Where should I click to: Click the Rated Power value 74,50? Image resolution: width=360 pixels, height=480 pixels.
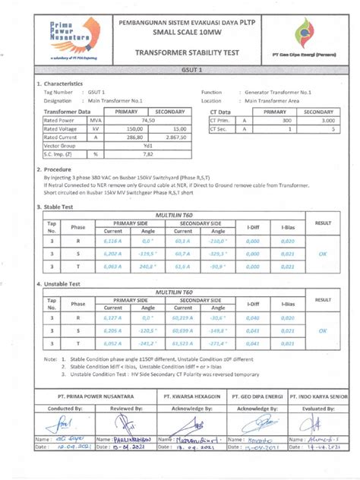pos(148,120)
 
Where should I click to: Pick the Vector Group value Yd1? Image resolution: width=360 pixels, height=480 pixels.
pos(148,145)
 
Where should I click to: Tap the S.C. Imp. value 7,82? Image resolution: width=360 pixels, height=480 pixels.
pos(148,153)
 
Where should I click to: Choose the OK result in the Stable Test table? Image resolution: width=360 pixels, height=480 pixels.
pos(323,254)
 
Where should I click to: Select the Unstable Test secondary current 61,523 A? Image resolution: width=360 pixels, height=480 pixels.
pos(182,344)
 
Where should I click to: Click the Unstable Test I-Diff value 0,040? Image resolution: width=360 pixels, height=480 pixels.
pos(256,319)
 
